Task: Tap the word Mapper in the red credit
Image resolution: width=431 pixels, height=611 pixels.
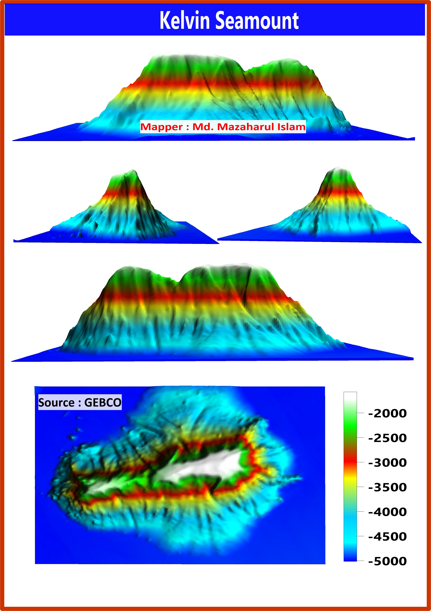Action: [161, 127]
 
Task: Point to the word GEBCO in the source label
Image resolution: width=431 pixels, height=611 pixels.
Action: [103, 402]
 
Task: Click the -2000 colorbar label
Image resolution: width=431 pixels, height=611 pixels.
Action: [387, 414]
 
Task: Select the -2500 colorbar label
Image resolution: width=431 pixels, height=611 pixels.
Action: [387, 438]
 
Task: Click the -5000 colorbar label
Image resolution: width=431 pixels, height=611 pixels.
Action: [387, 561]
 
